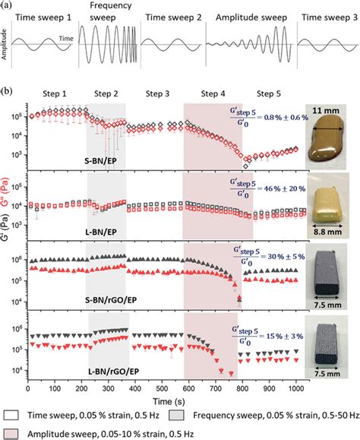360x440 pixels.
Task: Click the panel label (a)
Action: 6,5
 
